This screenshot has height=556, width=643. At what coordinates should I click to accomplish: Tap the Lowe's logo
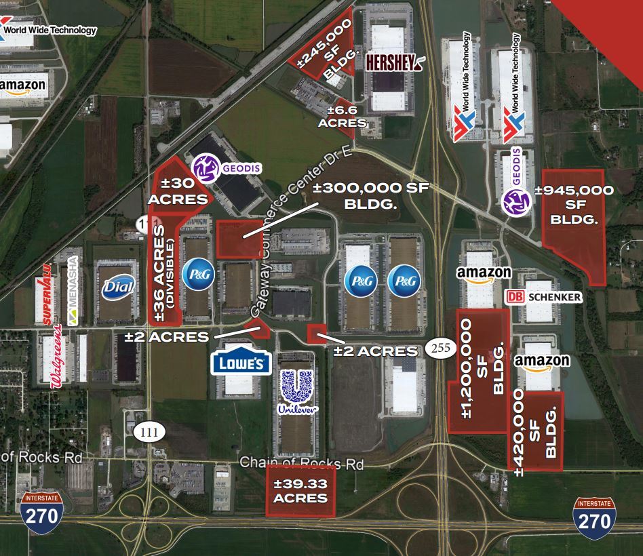241,362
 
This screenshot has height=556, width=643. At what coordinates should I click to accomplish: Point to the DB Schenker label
544,297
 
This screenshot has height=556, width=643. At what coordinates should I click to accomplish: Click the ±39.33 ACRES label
300,491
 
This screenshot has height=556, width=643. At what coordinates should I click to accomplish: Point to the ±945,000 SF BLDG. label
574,205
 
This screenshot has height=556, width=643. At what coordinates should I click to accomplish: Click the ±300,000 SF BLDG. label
372,195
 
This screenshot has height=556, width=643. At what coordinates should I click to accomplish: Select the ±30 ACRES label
178,191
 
